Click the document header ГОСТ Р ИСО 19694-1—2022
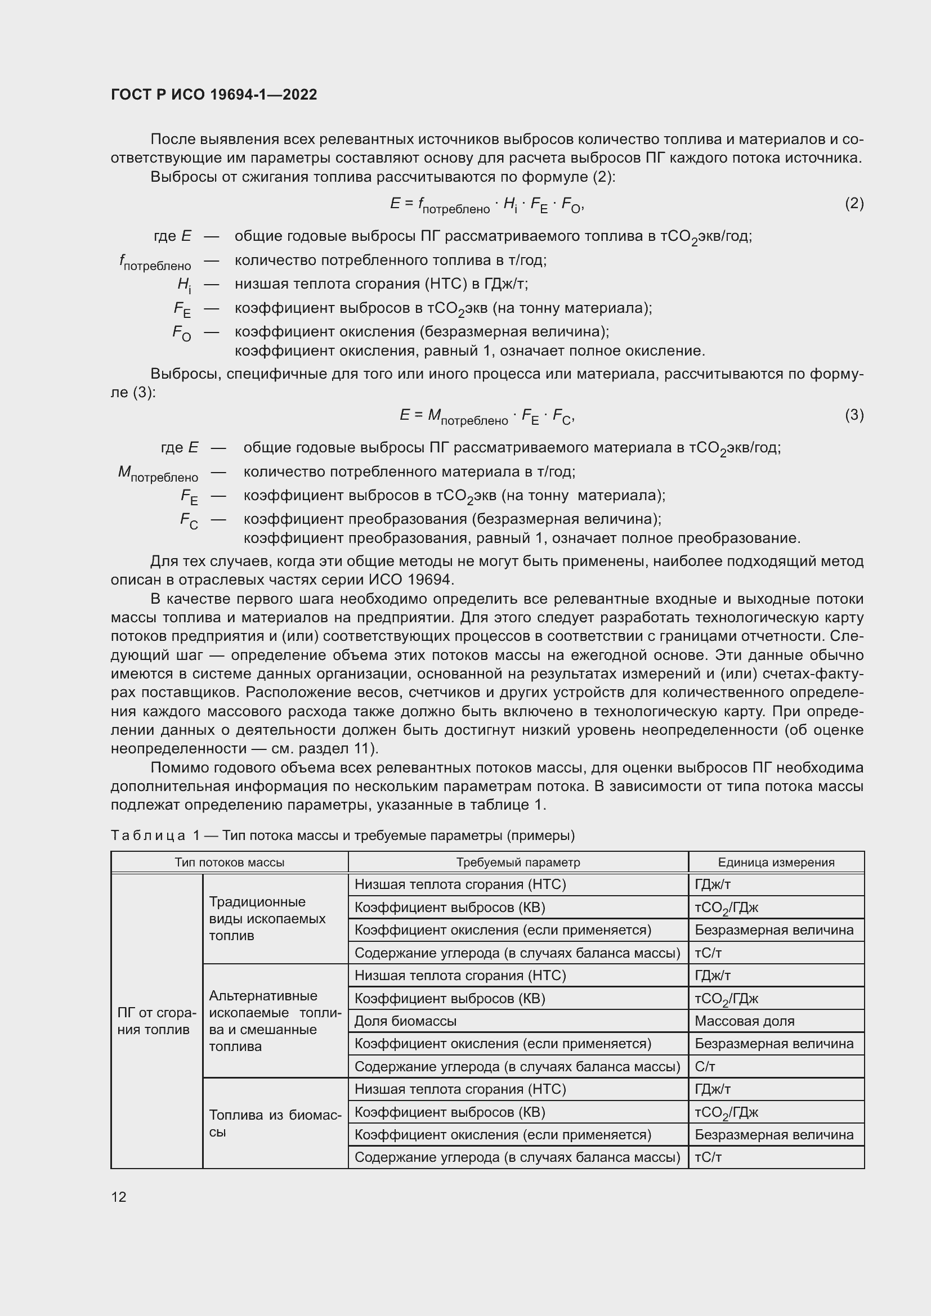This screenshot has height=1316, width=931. click(x=214, y=95)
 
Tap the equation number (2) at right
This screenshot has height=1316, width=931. click(x=854, y=204)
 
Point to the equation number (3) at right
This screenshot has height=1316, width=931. click(x=854, y=415)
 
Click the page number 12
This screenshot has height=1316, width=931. click(x=119, y=1197)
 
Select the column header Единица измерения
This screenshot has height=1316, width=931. click(x=776, y=862)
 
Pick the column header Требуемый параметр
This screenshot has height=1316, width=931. click(x=518, y=862)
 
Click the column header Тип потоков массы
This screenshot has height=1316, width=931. click(x=229, y=862)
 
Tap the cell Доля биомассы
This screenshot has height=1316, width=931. click(x=405, y=1021)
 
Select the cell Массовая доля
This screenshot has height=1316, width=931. click(x=744, y=1021)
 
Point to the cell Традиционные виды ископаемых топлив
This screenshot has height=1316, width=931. click(x=267, y=918)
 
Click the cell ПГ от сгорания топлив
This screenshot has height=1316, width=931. click(x=156, y=1021)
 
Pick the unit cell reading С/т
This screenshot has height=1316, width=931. click(x=705, y=1066)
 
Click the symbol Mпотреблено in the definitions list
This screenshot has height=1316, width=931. click(x=158, y=473)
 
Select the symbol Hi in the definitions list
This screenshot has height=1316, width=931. click(x=183, y=285)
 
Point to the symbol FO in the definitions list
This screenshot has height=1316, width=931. click(x=182, y=333)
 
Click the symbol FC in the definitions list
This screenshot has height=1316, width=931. click(x=189, y=520)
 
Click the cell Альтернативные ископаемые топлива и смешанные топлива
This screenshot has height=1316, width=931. click(x=275, y=1021)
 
